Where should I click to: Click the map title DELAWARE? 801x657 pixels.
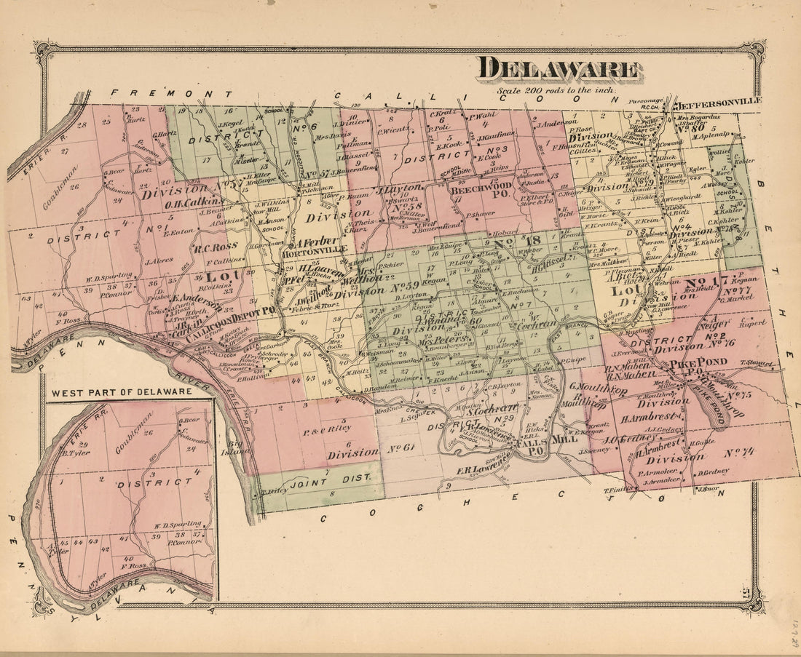[x=559, y=69]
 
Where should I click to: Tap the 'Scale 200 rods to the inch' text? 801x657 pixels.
[x=556, y=91]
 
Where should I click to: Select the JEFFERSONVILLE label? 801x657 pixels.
[x=715, y=101]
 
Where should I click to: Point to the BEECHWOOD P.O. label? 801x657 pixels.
[x=478, y=192]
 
